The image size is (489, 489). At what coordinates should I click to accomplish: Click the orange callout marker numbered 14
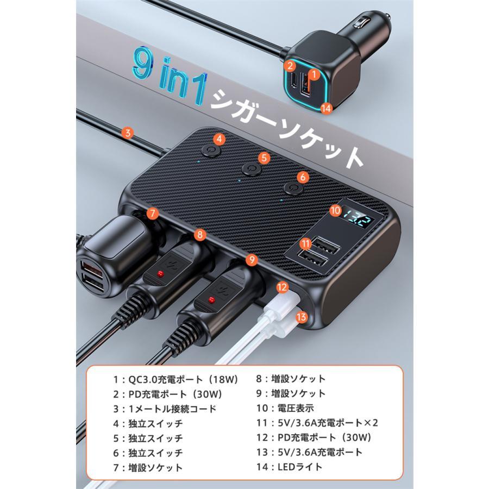coord(326,108)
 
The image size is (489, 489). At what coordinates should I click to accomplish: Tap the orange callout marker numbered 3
coord(128,133)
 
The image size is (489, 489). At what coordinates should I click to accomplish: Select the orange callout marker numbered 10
coord(336,211)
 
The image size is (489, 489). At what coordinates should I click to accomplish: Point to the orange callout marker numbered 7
coord(153,214)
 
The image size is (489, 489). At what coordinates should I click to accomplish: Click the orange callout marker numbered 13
coord(301,317)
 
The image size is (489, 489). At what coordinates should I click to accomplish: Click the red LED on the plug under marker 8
coord(161,274)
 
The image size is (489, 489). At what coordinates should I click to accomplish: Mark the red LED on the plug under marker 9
coord(212,300)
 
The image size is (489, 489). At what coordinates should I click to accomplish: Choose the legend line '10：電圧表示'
coord(285,408)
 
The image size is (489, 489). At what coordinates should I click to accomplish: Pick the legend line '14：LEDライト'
coord(289,467)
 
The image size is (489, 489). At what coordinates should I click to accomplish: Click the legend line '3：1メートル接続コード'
coord(165,409)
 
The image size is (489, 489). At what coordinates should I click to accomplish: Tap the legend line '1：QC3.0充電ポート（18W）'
coord(175,379)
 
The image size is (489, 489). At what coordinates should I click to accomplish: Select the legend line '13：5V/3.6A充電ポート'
coord(309,452)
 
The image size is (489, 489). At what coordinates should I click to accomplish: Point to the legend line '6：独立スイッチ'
coord(148,453)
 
